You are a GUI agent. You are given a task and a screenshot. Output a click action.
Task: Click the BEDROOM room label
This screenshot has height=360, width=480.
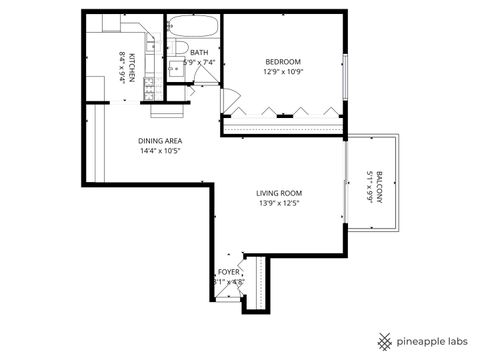click(x=282, y=61)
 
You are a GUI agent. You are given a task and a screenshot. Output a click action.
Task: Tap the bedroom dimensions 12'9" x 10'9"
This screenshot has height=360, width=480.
click(x=282, y=72)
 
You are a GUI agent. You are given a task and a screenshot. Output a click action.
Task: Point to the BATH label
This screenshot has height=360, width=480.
click(x=199, y=53)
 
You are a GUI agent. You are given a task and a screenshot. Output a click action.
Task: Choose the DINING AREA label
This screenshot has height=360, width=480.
click(x=159, y=141)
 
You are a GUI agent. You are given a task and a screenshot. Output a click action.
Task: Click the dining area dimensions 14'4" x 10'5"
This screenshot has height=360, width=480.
click(x=159, y=152)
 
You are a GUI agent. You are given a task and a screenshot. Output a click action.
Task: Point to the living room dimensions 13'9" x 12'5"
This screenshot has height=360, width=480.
click(x=279, y=203)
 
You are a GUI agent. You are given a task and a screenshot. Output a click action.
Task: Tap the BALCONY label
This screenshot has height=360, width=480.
click(x=380, y=186)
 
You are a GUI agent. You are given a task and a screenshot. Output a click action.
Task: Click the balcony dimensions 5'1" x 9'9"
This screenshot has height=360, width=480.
click(x=369, y=186)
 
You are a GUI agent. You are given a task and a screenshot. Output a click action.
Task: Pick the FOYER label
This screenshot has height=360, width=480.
click(x=229, y=271)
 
